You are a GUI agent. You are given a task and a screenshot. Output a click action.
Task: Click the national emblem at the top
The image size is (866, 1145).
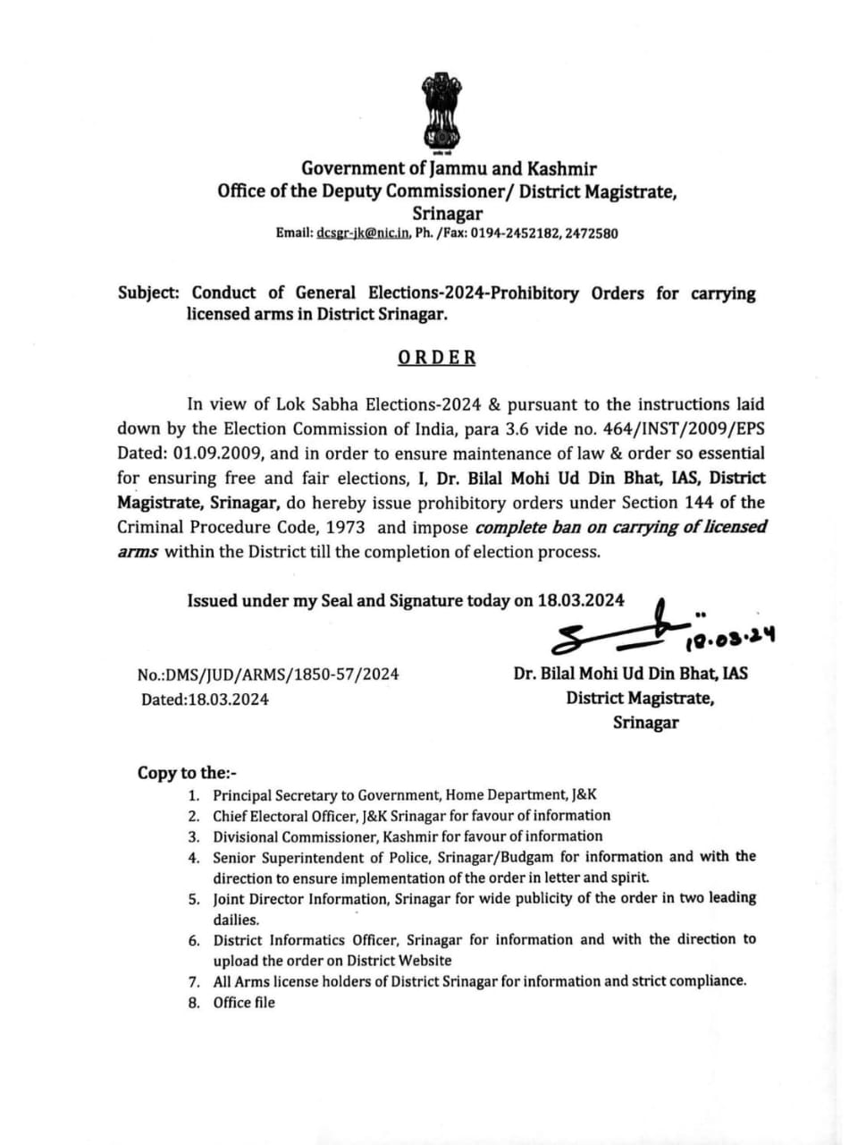point(439,112)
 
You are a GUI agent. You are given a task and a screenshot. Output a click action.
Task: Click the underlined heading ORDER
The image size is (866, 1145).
point(436,358)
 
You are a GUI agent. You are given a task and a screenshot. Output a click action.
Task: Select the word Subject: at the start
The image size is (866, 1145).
point(148,293)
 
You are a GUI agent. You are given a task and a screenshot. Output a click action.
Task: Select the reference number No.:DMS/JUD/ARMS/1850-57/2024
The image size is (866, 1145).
point(268,674)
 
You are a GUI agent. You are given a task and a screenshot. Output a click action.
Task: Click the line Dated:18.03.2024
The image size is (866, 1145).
point(205,699)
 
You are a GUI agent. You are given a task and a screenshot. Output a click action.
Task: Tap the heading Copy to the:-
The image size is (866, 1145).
point(187,773)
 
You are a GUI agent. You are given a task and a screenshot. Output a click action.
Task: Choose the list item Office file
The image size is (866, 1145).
point(244,1003)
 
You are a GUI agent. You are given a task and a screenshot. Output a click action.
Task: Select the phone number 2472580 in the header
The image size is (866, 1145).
point(592,233)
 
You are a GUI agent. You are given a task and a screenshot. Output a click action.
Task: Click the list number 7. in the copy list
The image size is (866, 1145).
point(193,981)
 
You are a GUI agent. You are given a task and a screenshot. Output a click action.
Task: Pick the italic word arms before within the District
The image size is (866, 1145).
point(138,552)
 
